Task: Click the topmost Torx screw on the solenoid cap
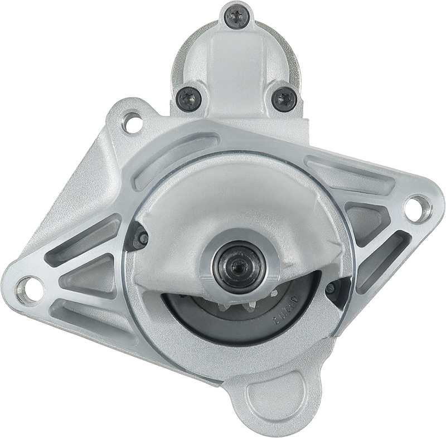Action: tap(236, 17)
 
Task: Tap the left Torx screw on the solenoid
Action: tap(189, 99)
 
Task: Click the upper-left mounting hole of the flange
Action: tap(133, 121)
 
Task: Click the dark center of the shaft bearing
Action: tap(239, 266)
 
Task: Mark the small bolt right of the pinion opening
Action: tap(331, 288)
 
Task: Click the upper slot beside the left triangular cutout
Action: tap(84, 237)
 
